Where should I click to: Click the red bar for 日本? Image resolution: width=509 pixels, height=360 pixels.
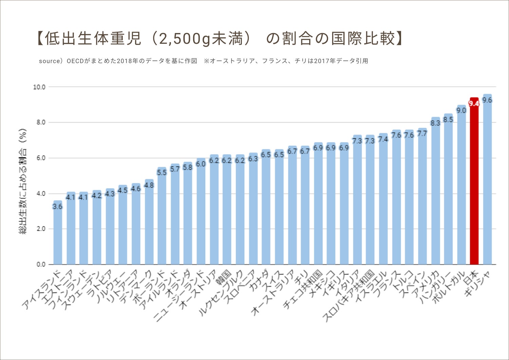(x=474, y=183)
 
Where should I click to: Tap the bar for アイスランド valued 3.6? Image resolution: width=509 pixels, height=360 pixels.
(x=58, y=234)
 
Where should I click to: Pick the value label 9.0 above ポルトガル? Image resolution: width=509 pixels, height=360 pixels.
(x=461, y=110)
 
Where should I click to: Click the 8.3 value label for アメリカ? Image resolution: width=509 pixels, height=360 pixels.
(x=435, y=123)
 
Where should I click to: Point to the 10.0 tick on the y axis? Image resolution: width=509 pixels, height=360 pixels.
(x=39, y=87)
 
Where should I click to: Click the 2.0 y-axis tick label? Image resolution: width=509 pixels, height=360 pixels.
(x=41, y=229)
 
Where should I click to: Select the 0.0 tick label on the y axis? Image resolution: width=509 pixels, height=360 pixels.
(x=41, y=265)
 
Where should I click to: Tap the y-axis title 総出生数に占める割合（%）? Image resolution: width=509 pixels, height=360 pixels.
(x=23, y=182)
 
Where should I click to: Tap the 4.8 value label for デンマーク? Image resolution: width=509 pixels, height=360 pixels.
(x=149, y=185)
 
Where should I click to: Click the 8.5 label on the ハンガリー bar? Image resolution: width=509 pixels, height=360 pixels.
(x=448, y=120)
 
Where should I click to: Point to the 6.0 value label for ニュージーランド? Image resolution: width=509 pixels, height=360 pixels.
(x=201, y=164)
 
